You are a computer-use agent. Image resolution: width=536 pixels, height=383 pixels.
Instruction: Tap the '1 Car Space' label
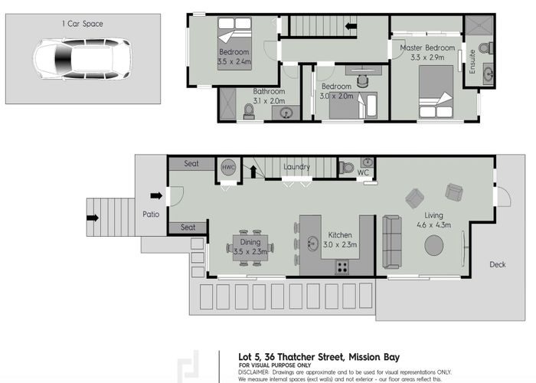point(83,24)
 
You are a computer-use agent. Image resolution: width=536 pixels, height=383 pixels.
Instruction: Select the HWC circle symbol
point(228,167)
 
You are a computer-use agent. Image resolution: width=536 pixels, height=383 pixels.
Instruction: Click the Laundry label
point(296,166)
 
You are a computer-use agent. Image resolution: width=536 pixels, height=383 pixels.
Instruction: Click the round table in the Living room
point(434,246)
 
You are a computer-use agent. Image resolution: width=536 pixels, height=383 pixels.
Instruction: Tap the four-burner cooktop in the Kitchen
point(342,267)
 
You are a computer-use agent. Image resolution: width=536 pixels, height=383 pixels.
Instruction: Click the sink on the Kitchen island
point(313,244)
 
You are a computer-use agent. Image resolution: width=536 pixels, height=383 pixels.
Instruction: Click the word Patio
point(151,214)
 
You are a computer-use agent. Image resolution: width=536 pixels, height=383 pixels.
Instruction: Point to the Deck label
point(498,265)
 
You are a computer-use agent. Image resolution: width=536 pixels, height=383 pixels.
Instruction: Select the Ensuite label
point(472,61)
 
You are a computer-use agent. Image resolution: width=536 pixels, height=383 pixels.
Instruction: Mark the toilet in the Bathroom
point(248,113)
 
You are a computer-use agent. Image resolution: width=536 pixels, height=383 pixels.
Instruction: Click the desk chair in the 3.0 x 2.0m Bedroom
point(361,79)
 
